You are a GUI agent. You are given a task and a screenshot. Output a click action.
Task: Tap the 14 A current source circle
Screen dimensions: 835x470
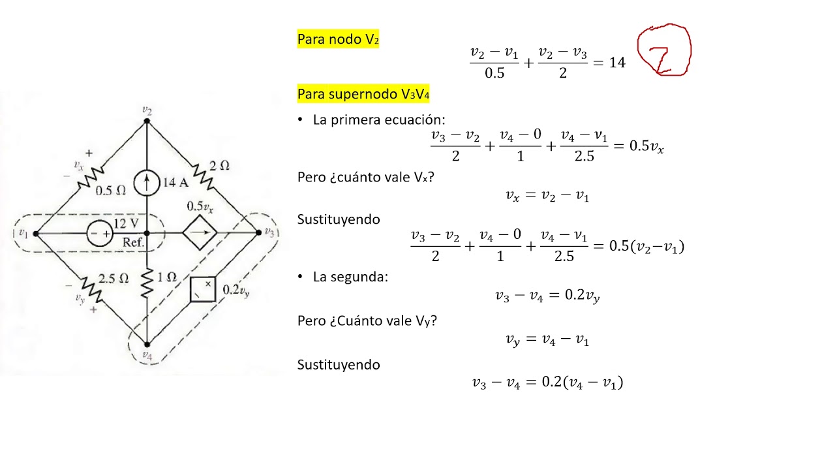point(147,182)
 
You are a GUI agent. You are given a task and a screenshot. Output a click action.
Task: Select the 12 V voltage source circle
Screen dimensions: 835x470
point(100,234)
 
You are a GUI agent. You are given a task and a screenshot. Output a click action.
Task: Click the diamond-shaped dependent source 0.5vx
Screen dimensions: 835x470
point(200,232)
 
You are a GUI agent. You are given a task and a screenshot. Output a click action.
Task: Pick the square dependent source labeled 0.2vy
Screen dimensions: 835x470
point(203,289)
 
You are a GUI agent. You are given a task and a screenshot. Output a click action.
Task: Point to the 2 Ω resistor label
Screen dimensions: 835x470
point(219,166)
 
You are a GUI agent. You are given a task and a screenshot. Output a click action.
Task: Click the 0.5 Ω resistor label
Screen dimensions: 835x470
point(111,191)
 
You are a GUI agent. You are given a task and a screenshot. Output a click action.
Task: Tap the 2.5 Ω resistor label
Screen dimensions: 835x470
point(114,278)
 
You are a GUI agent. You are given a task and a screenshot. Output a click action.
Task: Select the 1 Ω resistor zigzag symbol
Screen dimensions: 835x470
point(147,283)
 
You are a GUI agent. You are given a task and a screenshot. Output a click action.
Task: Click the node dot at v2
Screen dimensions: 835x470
point(147,121)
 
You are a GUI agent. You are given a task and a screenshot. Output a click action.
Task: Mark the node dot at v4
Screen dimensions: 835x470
point(147,344)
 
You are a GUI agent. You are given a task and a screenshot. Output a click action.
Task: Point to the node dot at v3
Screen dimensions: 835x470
point(259,232)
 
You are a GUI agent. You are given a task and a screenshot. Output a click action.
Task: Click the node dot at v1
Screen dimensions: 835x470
point(36,234)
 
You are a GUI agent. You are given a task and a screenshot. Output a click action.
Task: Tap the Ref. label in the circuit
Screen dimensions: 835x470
point(133,242)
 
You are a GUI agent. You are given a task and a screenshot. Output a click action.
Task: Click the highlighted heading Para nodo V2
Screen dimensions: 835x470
point(338,39)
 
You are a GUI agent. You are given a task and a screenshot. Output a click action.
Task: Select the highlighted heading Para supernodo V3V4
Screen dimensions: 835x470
point(363,93)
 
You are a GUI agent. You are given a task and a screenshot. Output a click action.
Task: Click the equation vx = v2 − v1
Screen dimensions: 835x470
point(547,195)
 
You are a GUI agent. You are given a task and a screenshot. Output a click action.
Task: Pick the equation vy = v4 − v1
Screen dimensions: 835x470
point(547,339)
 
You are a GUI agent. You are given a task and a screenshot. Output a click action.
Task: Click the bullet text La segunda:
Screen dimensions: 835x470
point(350,277)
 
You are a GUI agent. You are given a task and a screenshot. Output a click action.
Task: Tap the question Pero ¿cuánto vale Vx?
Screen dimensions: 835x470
point(366,177)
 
